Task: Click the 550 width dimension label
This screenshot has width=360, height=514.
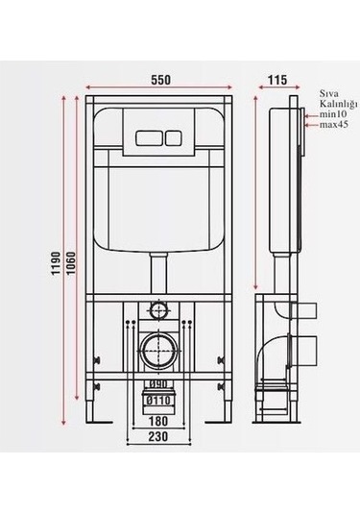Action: (160, 80)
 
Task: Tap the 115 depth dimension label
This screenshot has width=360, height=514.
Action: (277, 80)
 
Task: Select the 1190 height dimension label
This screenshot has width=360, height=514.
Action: (56, 262)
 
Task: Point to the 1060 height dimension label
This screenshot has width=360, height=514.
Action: (71, 262)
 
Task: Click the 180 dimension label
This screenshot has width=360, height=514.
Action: (157, 421)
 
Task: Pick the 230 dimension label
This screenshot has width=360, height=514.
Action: (158, 436)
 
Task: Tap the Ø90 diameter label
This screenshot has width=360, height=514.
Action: (158, 384)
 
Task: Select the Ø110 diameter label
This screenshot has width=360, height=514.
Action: (158, 400)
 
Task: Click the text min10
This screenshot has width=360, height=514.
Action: (333, 114)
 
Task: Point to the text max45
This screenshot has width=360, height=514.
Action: (334, 125)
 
